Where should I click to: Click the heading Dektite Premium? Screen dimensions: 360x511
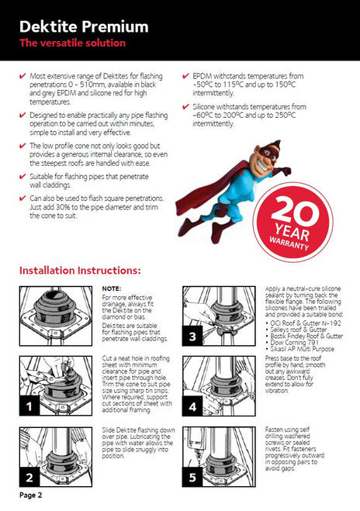pyautogui.click(x=84, y=26)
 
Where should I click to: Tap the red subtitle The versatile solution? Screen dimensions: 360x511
pyautogui.click(x=72, y=43)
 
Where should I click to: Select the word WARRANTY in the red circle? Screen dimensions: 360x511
pyautogui.click(x=289, y=242)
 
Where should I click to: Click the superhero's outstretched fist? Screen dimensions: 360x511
pyautogui.click(x=284, y=171)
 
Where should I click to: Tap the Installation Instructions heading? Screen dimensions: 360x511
pyautogui.click(x=80, y=270)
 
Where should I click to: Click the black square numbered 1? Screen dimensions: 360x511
pyautogui.click(x=29, y=406)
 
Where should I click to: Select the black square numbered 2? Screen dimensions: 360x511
pyautogui.click(x=29, y=478)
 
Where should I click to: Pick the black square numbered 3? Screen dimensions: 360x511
pyautogui.click(x=192, y=336)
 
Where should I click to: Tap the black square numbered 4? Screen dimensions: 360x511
pyautogui.click(x=192, y=406)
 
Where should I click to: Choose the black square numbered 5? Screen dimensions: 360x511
pyautogui.click(x=192, y=478)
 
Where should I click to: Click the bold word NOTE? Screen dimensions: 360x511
pyautogui.click(x=112, y=288)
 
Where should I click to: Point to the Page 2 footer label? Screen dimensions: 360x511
pyautogui.click(x=31, y=495)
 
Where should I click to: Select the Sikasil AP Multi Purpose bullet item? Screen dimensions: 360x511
pyautogui.click(x=300, y=349)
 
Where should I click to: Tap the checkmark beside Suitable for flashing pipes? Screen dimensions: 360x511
pyautogui.click(x=22, y=177)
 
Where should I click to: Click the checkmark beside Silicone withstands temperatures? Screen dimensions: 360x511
pyautogui.click(x=185, y=106)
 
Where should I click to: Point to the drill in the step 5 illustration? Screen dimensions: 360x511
pyautogui.click(x=196, y=449)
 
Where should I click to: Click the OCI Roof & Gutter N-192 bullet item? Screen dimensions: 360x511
pyautogui.click(x=303, y=323)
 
